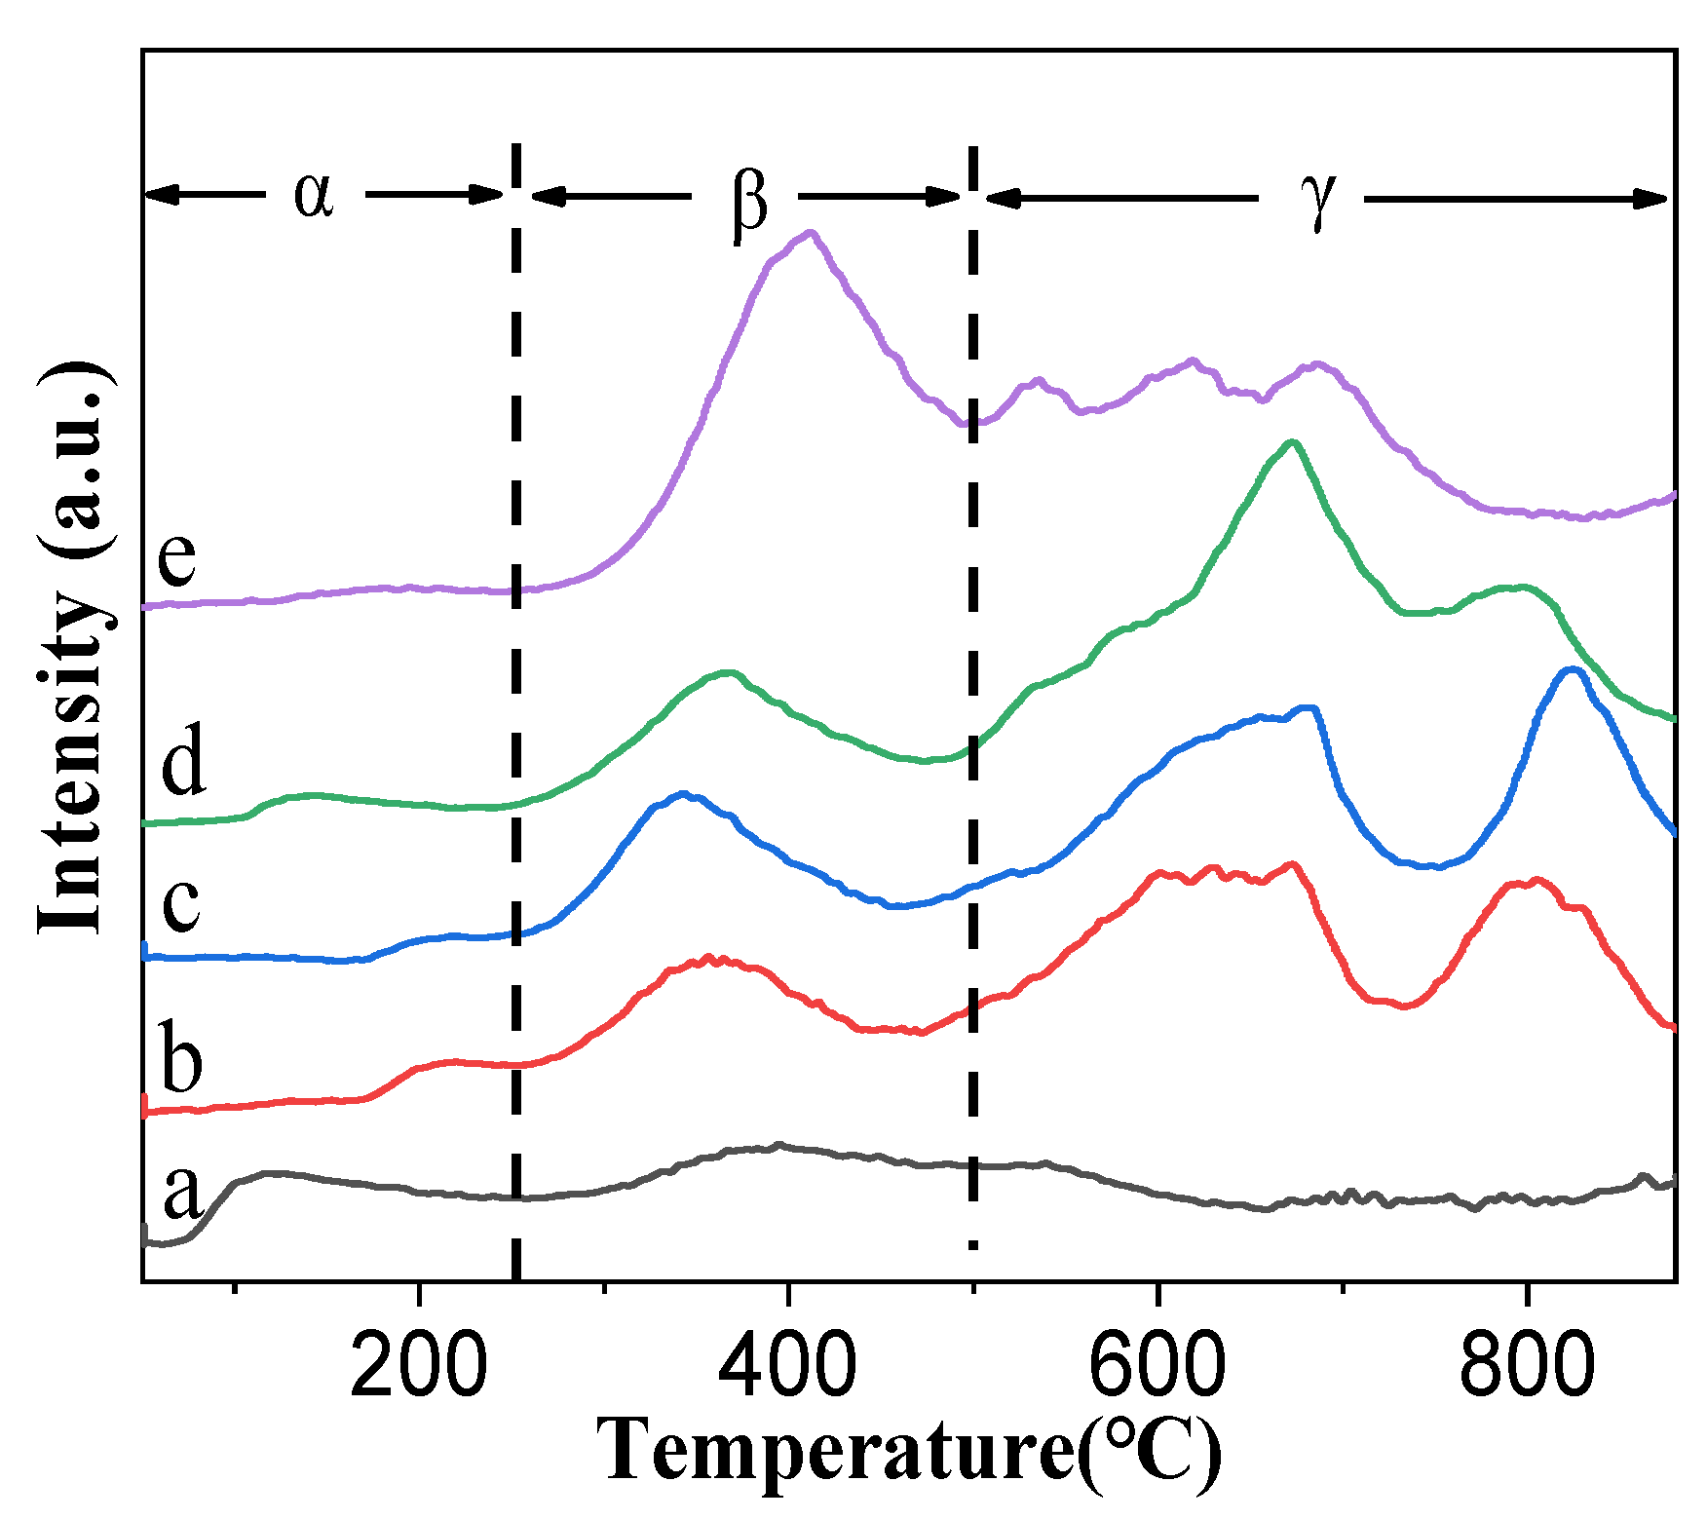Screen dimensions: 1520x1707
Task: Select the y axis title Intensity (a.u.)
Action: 73,648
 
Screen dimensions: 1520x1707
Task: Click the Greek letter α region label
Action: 315,194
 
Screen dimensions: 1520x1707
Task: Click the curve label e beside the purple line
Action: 177,556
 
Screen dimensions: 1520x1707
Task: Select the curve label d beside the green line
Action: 183,761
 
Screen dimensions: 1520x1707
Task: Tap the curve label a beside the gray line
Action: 182,1191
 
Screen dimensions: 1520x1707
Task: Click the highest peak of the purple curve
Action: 810,233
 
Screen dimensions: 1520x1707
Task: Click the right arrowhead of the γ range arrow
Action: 1656,199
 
